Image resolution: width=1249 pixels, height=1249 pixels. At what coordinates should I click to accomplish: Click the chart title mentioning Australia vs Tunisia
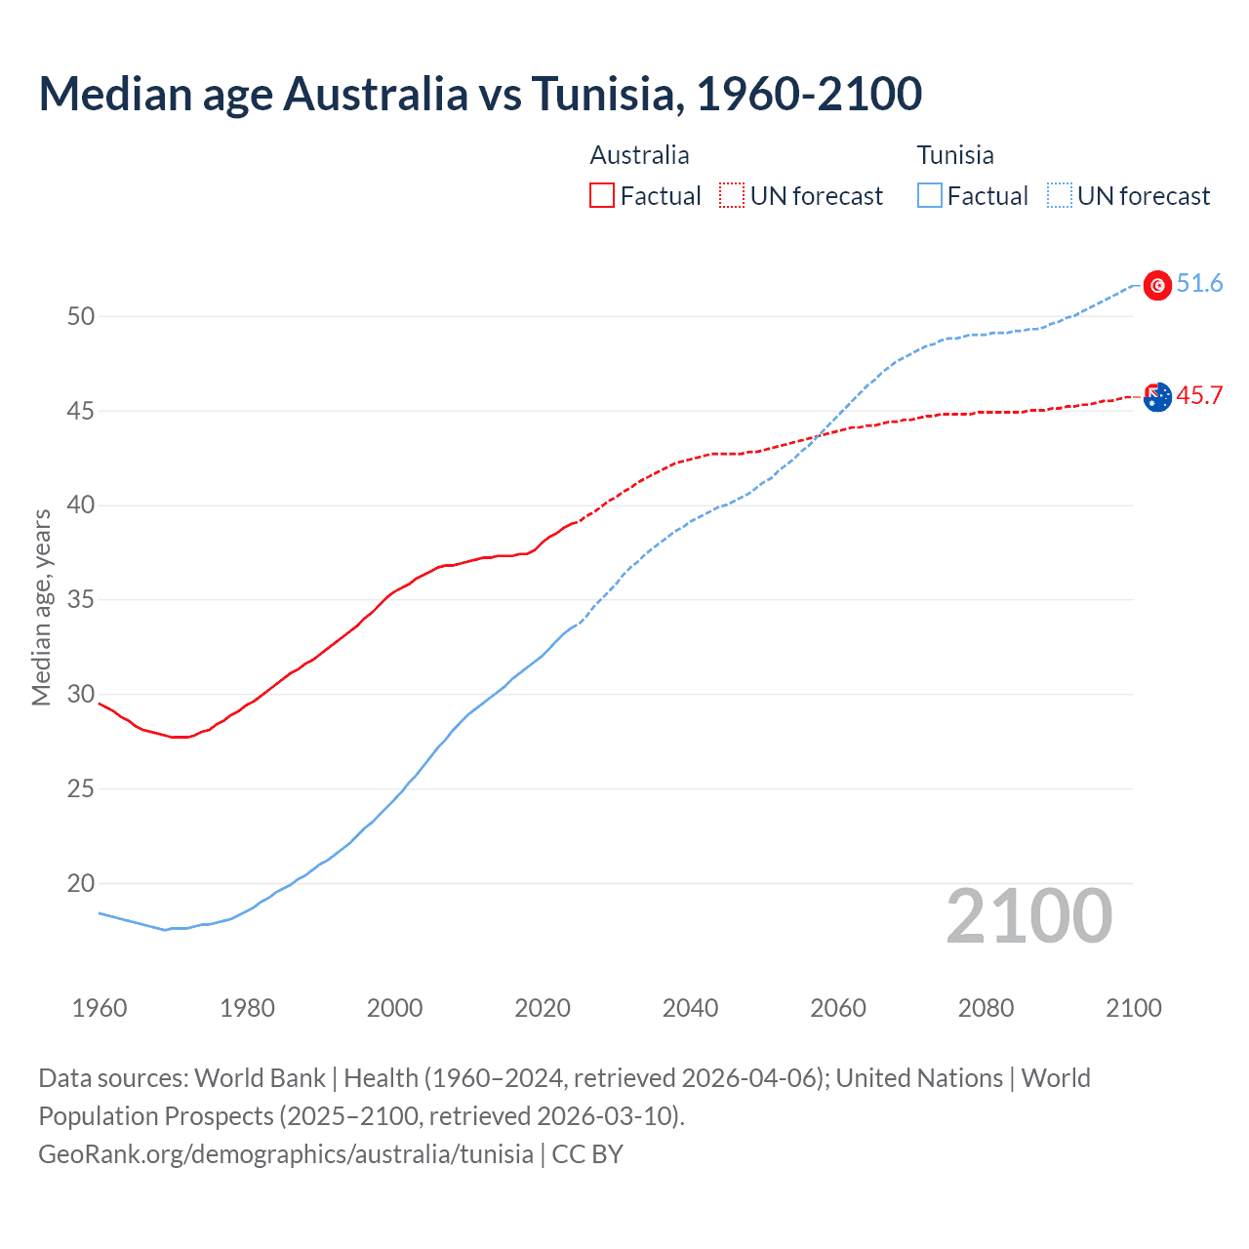tap(480, 94)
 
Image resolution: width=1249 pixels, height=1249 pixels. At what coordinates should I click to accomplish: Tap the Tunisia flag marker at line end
tap(1157, 285)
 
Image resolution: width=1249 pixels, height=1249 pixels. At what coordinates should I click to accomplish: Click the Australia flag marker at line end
tap(1157, 397)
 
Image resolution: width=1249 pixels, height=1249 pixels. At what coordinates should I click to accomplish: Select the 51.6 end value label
tap(1199, 284)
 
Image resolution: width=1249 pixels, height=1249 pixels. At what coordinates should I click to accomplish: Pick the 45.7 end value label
tap(1199, 395)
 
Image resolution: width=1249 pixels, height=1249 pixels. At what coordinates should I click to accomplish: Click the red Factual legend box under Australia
tap(602, 196)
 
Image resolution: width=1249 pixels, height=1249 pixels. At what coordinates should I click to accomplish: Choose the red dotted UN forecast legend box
tap(732, 196)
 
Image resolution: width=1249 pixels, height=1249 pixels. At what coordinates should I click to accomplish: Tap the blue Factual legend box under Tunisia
tap(930, 196)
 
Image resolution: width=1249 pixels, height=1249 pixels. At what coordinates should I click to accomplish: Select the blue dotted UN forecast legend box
tap(1059, 196)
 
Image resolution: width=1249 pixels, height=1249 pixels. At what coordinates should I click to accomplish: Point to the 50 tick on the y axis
tap(81, 316)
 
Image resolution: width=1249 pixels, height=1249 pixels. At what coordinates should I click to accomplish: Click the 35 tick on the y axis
tap(81, 600)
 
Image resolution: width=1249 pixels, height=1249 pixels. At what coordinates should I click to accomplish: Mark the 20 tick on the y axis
tap(81, 884)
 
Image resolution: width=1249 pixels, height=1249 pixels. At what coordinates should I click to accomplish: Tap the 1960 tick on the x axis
tap(100, 1008)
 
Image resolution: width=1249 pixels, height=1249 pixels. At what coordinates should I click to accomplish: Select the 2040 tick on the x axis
tap(690, 1008)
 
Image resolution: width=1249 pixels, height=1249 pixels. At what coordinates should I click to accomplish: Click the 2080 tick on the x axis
tap(986, 1008)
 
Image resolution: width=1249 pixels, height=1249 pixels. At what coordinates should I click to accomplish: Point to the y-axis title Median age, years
tap(41, 607)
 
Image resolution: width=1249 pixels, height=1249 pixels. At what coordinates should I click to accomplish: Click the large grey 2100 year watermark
tap(1028, 916)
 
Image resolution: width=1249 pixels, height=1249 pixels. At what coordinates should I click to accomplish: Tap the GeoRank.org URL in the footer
tap(286, 1154)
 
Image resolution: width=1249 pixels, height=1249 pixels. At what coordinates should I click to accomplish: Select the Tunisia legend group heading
tap(955, 155)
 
